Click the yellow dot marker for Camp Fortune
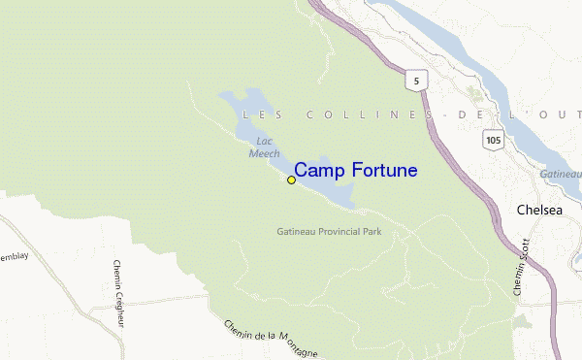(x=291, y=180)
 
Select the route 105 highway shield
(x=495, y=140)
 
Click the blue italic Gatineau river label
(x=562, y=173)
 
